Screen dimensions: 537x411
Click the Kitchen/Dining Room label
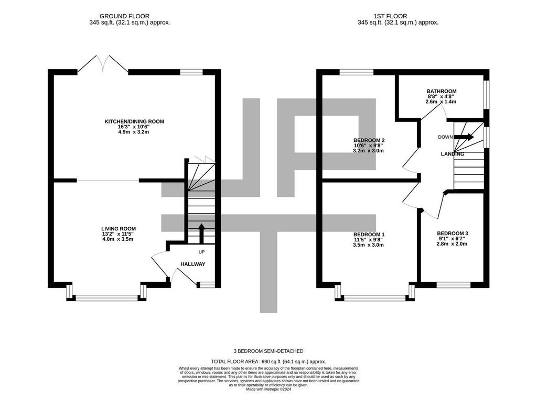click(x=134, y=121)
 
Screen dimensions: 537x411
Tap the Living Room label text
click(x=119, y=229)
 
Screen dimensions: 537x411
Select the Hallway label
click(x=193, y=264)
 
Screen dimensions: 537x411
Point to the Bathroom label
click(x=442, y=91)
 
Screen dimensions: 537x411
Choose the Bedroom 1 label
click(x=369, y=234)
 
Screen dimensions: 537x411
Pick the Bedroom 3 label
click(x=453, y=233)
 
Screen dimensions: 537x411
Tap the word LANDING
click(x=453, y=154)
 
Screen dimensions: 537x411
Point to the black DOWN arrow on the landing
click(x=464, y=137)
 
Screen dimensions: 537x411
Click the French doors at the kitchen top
click(x=103, y=63)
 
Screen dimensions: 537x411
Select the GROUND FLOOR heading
click(x=124, y=16)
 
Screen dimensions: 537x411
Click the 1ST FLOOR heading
click(x=390, y=16)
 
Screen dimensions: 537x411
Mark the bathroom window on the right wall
click(x=486, y=95)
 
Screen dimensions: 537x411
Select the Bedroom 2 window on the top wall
click(x=356, y=72)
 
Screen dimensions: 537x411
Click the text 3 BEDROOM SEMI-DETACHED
click(x=268, y=351)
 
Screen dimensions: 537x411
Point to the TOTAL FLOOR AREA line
click(x=268, y=361)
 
